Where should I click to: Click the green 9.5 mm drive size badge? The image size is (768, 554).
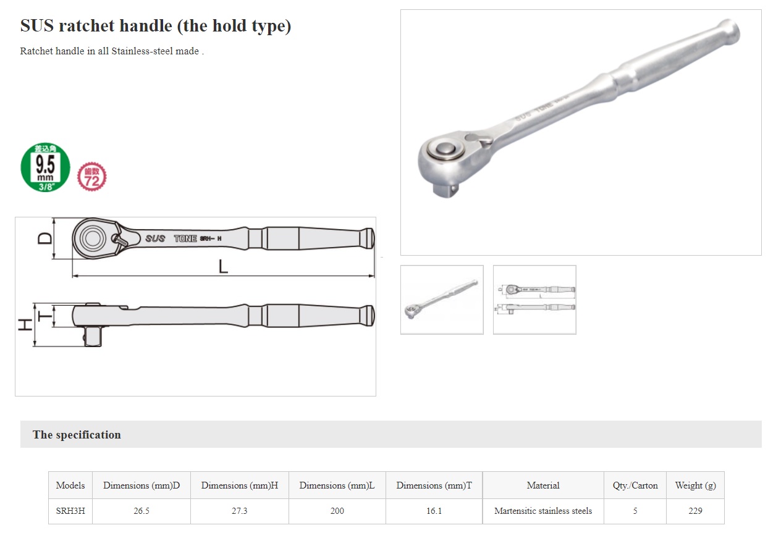point(45,167)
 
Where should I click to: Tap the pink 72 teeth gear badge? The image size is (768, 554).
point(91,177)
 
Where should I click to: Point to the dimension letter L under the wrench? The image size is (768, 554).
point(224,267)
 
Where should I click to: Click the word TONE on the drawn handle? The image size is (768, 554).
point(185,238)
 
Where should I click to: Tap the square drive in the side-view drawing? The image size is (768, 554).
point(93,337)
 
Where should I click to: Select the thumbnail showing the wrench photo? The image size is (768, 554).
point(442,300)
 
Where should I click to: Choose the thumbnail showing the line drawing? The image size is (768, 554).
point(534,300)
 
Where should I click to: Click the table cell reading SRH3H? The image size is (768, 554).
point(70,511)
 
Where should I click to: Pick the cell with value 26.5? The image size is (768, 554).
point(141,511)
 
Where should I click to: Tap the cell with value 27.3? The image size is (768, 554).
point(239,511)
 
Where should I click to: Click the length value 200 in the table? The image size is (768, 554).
point(337,511)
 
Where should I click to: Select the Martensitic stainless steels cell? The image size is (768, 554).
point(543,511)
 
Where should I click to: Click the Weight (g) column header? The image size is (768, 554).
point(695,485)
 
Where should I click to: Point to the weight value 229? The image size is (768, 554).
point(695,511)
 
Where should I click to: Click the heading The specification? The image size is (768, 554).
point(77,435)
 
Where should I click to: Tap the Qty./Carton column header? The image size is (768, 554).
point(635,485)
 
